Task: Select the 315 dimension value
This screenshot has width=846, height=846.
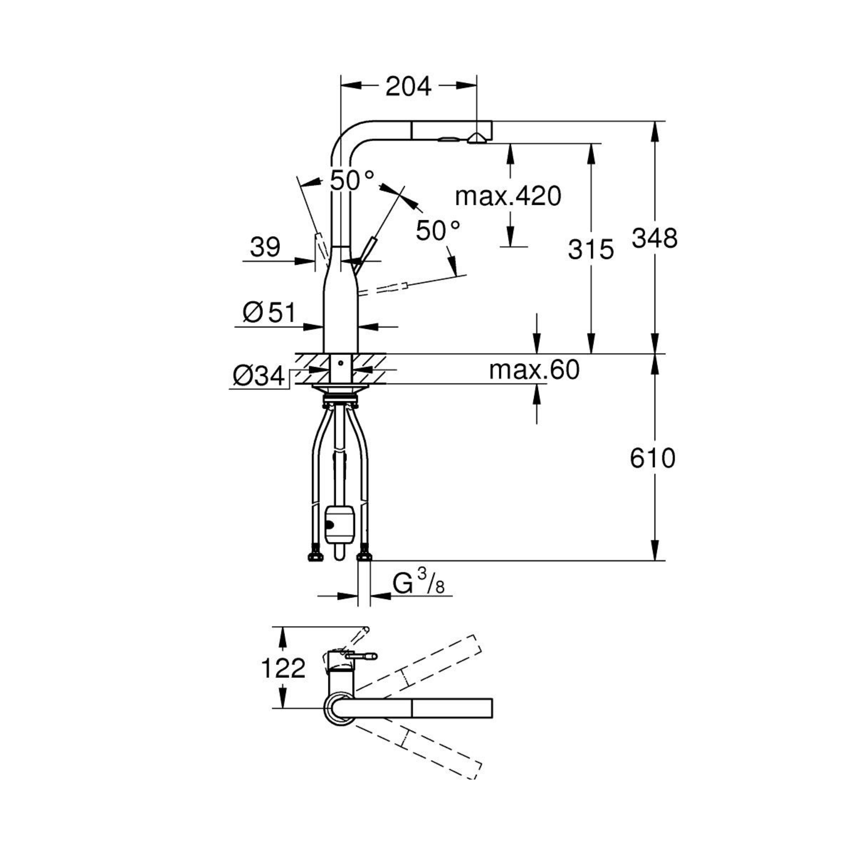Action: coord(591,250)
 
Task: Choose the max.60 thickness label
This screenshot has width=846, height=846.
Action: coord(534,370)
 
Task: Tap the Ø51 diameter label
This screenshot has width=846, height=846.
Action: coord(269,313)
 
